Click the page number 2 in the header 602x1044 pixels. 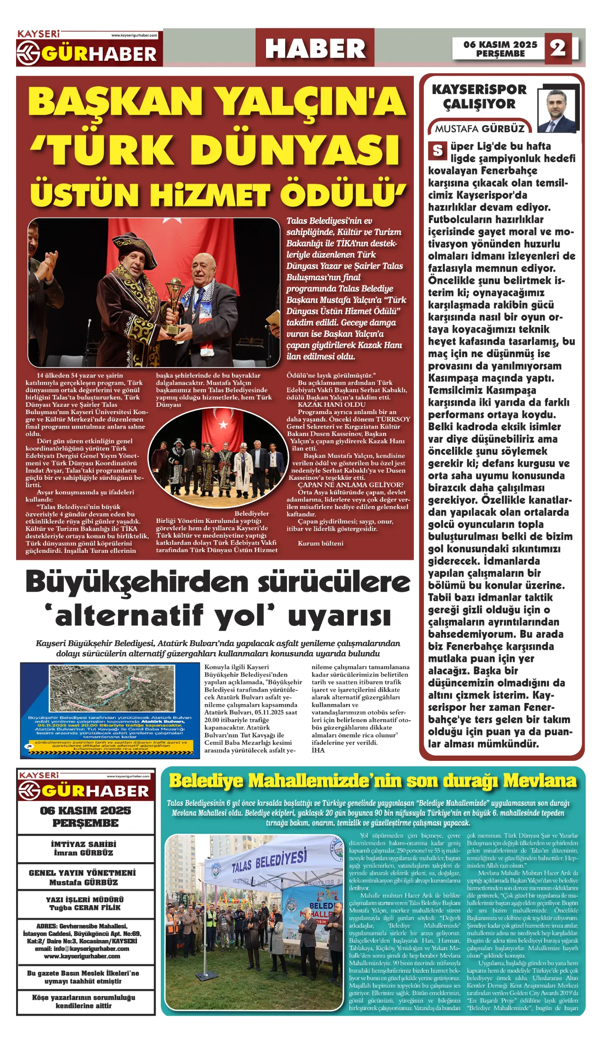(x=558, y=48)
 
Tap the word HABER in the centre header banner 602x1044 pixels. (x=315, y=48)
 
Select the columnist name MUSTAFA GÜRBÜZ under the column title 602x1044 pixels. (x=479, y=129)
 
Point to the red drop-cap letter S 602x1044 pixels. (x=437, y=151)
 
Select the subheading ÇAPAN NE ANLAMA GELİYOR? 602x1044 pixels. (x=350, y=485)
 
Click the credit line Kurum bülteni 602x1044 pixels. (x=320, y=543)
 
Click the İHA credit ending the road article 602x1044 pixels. (x=318, y=750)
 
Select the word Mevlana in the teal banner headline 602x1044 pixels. (x=540, y=781)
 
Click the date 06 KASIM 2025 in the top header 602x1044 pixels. (x=500, y=44)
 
